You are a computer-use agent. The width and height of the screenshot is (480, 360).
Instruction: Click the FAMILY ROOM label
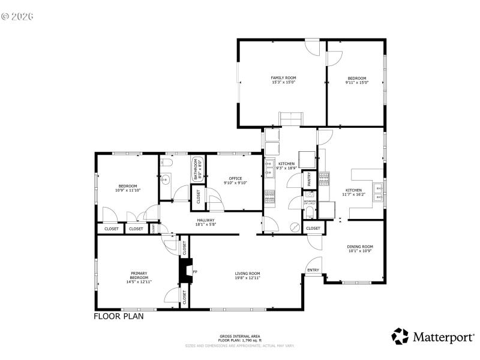283,78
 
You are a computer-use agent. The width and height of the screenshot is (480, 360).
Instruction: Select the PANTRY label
310,179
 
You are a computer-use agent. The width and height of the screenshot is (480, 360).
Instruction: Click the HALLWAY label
206,220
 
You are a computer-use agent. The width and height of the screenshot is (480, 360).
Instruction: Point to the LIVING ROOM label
247,274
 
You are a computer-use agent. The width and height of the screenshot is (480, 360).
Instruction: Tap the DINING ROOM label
360,247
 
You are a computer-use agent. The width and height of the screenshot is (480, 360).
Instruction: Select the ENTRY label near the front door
313,271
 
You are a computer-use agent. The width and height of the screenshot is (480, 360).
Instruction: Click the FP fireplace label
194,272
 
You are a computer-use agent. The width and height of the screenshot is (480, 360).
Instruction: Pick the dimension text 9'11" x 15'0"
356,82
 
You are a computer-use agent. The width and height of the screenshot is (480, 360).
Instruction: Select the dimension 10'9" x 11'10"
127,190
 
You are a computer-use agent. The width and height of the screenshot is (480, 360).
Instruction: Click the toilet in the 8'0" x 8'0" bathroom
168,163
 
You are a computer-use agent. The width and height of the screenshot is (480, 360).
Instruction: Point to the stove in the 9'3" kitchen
269,196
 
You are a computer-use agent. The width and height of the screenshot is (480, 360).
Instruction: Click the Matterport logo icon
400,337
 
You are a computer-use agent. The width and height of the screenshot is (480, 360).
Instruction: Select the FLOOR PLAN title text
118,316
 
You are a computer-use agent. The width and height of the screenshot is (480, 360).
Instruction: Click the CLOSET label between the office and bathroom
197,198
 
